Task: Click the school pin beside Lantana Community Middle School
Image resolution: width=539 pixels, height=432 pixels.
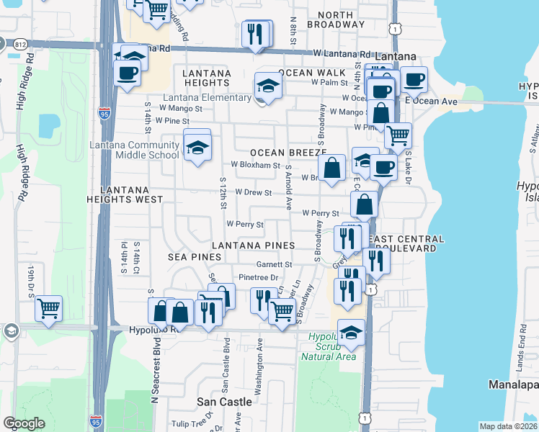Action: point(197,148)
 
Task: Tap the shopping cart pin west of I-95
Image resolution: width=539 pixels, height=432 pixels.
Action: point(49,309)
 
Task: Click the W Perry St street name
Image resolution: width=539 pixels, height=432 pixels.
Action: point(320,213)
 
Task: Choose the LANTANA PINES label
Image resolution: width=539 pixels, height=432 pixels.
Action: point(253,246)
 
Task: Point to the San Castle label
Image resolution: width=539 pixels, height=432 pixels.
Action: point(225,401)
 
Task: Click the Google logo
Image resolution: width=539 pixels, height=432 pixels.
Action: point(24,423)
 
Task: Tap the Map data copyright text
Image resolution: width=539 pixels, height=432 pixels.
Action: point(509,426)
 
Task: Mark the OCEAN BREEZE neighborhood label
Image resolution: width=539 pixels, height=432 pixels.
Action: point(283,153)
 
